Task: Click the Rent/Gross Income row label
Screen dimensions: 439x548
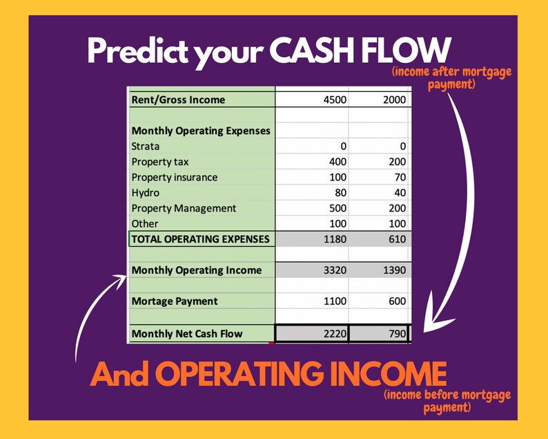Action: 178,100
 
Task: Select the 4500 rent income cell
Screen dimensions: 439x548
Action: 335,100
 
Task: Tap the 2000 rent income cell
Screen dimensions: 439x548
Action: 394,100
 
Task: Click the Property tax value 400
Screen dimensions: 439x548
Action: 337,162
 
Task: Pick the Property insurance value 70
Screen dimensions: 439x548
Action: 400,177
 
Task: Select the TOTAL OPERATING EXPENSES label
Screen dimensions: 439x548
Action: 200,239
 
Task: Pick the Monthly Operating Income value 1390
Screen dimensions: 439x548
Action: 394,270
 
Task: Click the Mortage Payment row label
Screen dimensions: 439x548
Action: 174,301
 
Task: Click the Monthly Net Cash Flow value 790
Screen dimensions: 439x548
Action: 397,334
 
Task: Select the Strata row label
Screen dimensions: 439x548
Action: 145,146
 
